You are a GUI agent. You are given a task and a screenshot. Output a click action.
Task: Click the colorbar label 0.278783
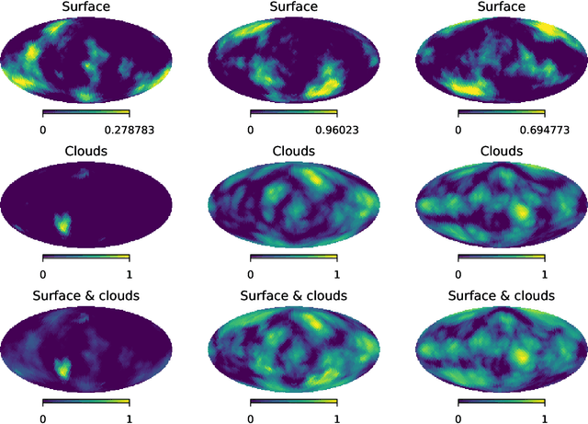click(x=130, y=131)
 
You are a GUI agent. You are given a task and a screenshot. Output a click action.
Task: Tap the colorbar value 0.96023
click(x=337, y=131)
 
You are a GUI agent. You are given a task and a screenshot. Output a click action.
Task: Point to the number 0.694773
click(x=545, y=131)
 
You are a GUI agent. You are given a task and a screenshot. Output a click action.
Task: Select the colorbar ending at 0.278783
click(x=86, y=113)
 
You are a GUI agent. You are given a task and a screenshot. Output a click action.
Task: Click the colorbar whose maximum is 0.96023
click(x=294, y=113)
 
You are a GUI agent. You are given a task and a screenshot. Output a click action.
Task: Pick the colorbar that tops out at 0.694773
click(x=502, y=113)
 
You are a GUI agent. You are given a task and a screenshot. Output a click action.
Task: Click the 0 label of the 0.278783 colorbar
click(x=43, y=131)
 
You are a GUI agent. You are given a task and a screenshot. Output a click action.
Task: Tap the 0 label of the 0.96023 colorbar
click(x=251, y=131)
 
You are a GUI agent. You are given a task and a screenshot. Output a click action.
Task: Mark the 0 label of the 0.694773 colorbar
click(x=458, y=131)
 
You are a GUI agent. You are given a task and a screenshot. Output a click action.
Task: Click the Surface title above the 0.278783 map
click(x=86, y=7)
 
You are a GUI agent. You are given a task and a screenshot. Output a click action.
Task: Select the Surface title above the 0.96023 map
click(x=294, y=7)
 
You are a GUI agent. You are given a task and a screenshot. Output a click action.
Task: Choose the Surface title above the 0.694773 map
click(x=502, y=7)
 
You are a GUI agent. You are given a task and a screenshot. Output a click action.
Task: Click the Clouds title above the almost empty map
click(x=86, y=150)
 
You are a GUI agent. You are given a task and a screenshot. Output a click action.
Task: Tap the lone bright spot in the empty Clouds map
click(x=62, y=223)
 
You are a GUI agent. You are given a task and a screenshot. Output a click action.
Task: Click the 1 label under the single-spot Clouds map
click(x=130, y=273)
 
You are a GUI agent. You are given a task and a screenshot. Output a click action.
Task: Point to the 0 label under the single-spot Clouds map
click(x=43, y=273)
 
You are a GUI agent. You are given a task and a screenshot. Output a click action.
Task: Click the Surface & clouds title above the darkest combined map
click(x=86, y=295)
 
